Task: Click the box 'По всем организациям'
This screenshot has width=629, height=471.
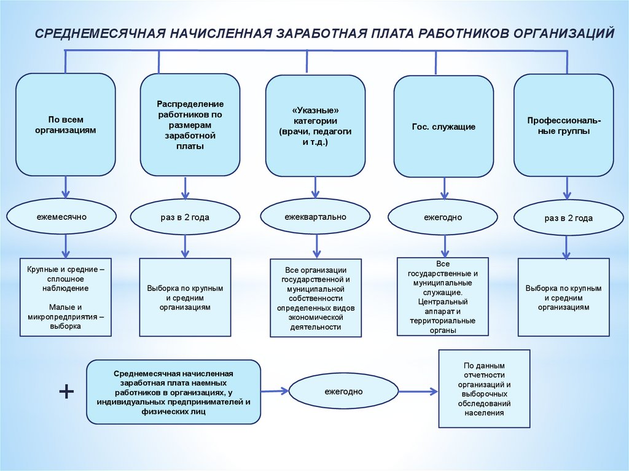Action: pos(65,125)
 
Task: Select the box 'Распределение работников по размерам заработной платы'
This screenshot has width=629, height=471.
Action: pos(189,125)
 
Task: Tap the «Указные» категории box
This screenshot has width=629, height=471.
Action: pos(315,125)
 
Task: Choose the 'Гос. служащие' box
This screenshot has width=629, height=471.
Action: pos(443,127)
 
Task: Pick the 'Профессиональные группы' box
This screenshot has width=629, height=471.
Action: pos(563,125)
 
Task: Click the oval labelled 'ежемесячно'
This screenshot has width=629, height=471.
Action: pos(61,217)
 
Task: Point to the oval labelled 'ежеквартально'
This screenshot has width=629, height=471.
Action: pos(315,217)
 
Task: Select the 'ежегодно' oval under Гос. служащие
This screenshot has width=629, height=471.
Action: pos(442,217)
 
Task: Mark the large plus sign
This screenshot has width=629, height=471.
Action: pos(66,392)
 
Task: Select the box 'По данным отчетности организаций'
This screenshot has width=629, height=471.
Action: pos(484,388)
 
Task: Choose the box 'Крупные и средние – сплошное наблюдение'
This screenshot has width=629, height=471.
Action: pos(66,297)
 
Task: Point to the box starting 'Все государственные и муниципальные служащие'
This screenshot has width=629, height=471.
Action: pos(442,296)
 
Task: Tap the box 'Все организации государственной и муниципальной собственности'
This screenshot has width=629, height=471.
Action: pos(316,298)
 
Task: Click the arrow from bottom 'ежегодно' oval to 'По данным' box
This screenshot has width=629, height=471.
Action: pos(417,391)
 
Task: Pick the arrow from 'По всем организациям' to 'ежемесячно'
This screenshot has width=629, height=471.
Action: pos(65,186)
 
